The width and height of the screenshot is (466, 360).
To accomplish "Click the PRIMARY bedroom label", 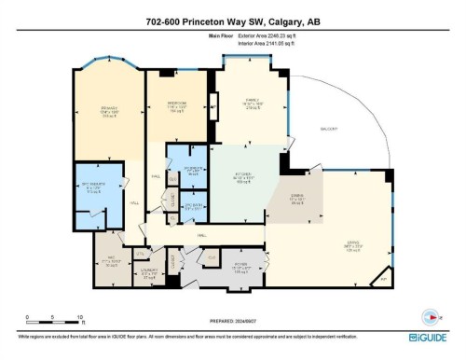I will (107, 110).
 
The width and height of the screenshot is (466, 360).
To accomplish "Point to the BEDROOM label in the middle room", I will (177, 104).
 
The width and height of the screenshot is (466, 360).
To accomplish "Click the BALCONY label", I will (327, 128).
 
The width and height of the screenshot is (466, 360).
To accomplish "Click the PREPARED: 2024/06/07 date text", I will (232, 316).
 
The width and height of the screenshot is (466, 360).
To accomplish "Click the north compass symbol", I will (431, 315).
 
